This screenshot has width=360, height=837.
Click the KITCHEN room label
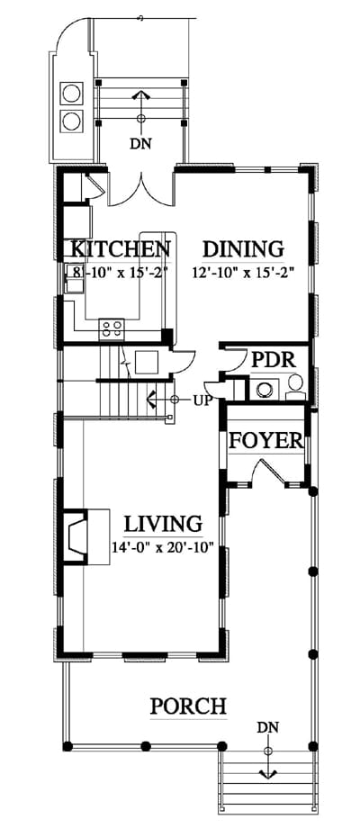121,249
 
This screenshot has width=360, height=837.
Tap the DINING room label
243,249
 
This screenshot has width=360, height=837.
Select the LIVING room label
164,524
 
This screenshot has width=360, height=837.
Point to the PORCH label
188,706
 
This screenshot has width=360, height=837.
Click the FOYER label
266,441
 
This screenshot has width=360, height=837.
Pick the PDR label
274,360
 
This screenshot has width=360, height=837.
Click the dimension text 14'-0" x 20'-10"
163,547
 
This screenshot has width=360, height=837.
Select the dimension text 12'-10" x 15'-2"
244,272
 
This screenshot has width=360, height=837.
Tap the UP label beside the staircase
203,399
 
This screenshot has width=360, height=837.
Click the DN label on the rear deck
141,143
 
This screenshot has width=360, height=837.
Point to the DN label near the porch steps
267,726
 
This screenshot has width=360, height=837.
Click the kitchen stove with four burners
112,328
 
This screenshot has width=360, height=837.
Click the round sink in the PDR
264,389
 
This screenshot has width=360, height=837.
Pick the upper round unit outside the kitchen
72,94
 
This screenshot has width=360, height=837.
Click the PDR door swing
231,360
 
